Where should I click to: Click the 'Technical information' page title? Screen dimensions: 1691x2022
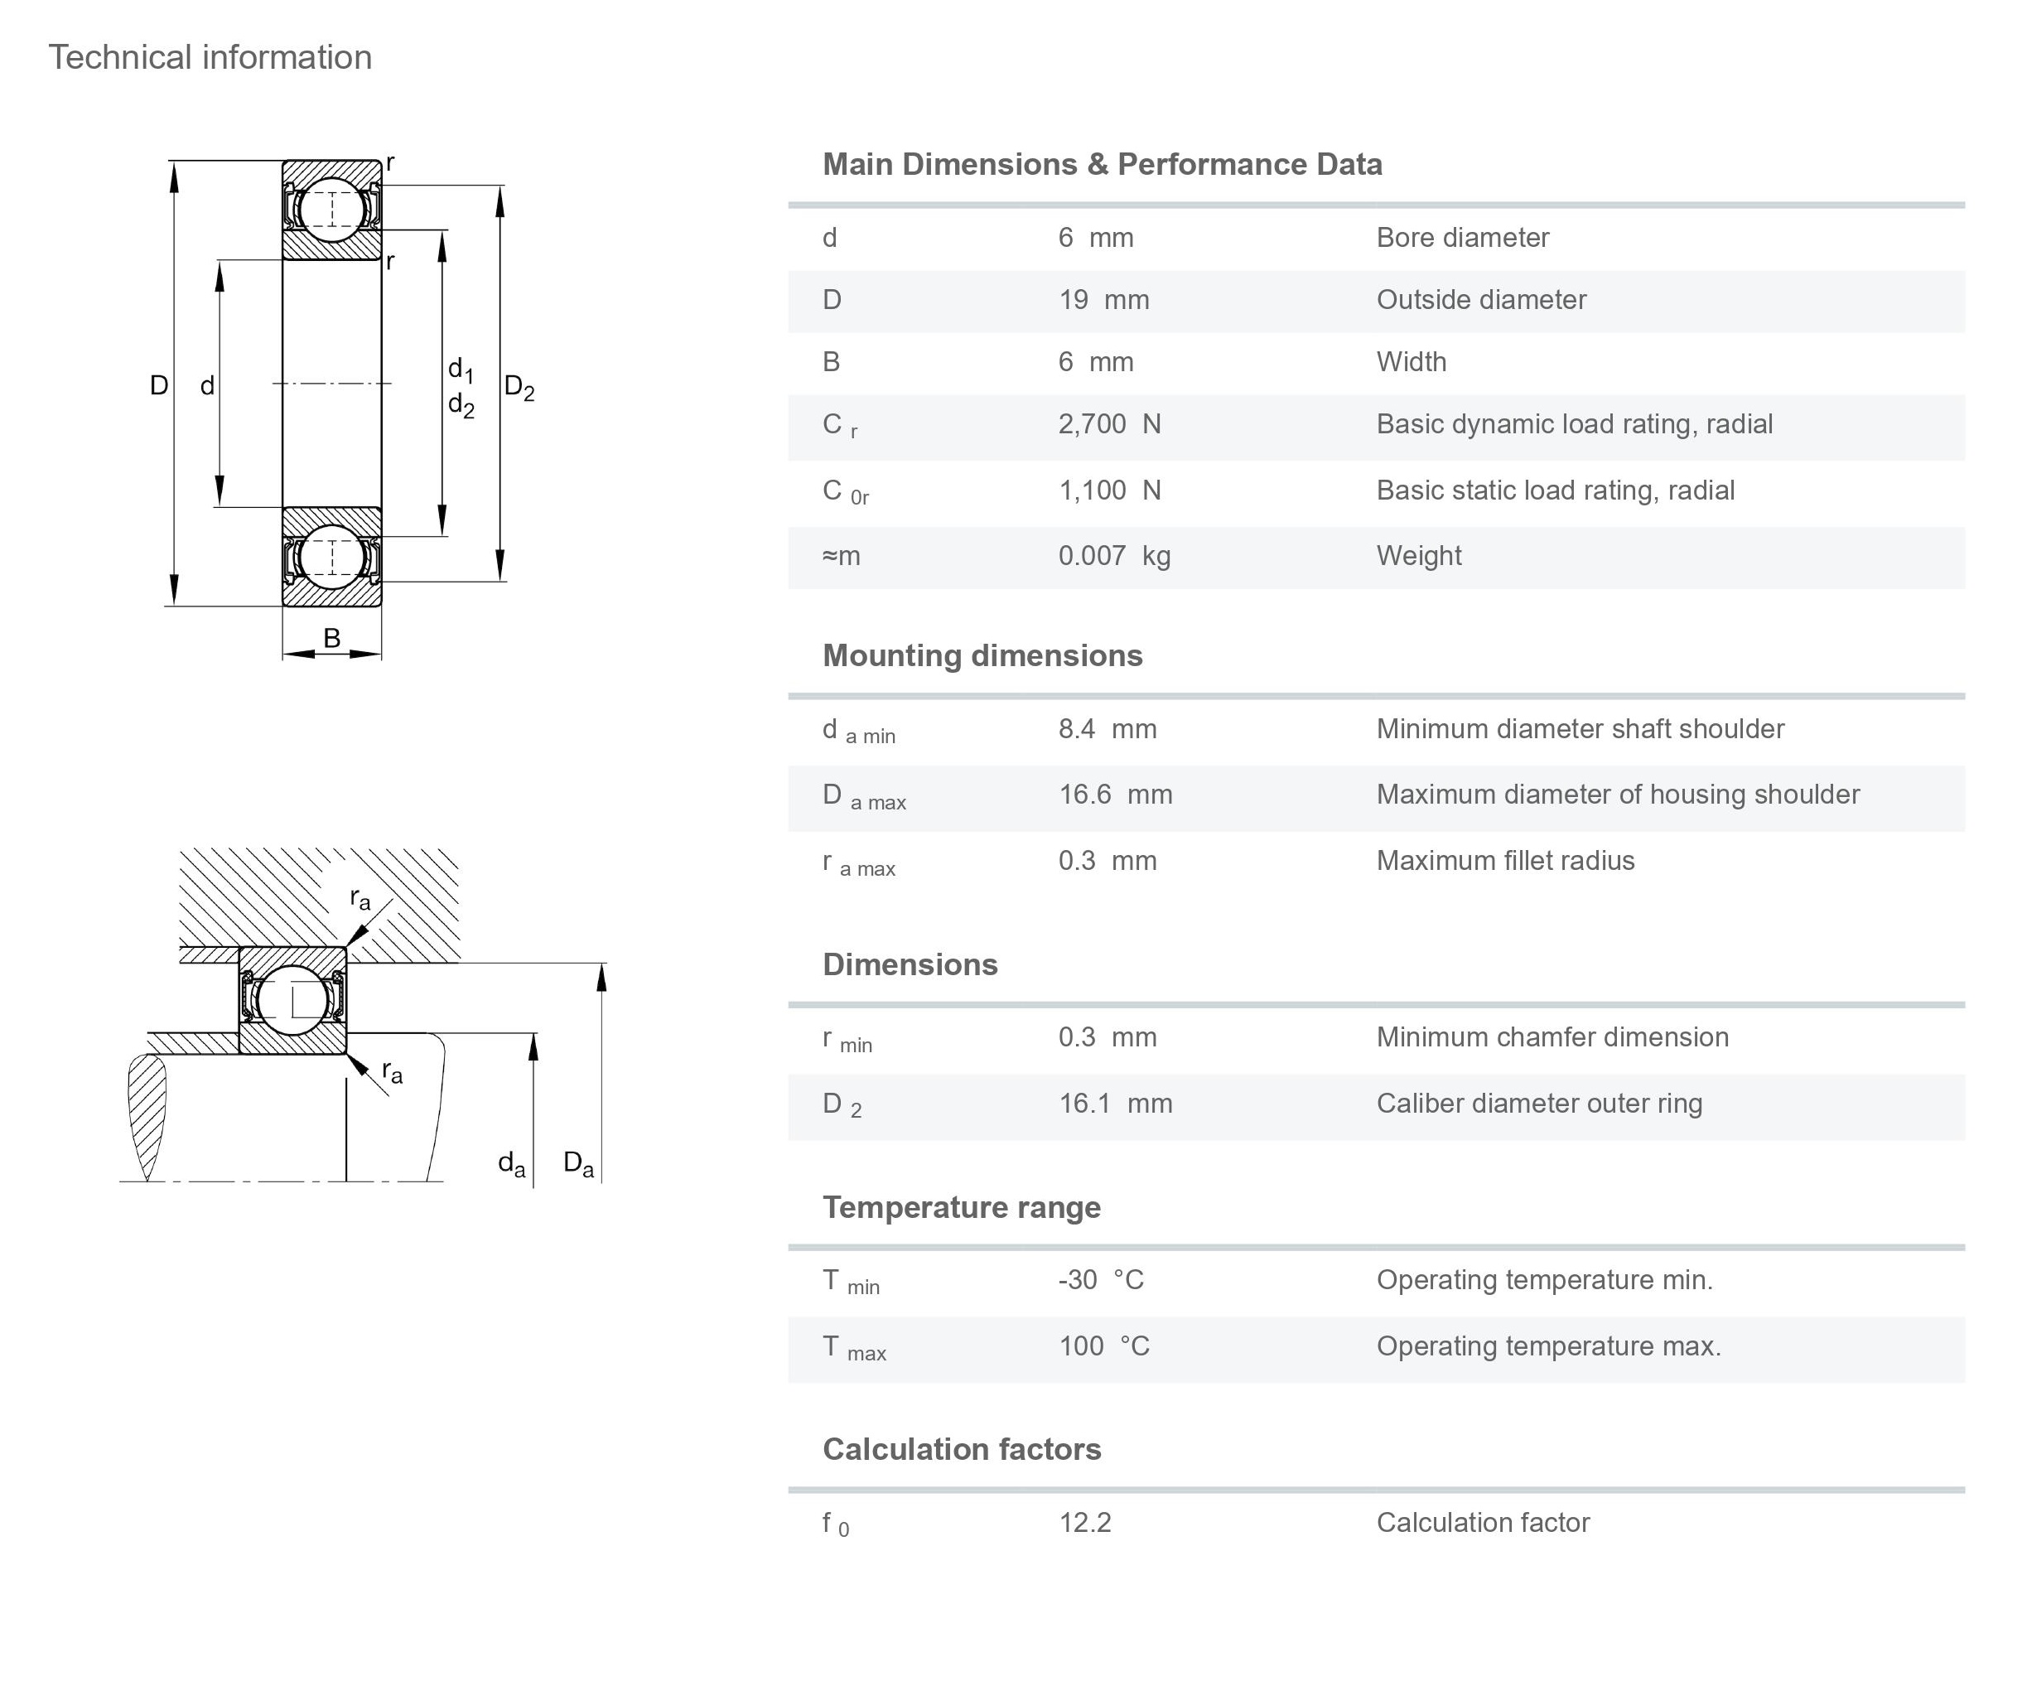pos(210,58)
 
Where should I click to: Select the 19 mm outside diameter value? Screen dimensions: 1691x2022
pos(1103,299)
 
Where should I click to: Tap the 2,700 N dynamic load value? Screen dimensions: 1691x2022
pos(1109,423)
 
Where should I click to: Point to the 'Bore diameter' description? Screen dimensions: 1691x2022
pos(1461,238)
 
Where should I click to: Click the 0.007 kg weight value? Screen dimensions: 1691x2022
pos(1114,556)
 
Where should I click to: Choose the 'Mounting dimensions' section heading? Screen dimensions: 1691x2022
pos(982,656)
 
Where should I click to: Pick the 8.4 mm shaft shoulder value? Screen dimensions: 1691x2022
pos(1108,729)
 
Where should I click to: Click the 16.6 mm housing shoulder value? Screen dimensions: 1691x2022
pos(1115,795)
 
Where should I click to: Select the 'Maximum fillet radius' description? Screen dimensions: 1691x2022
pos(1505,861)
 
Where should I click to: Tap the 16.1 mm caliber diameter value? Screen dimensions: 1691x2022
pos(1115,1104)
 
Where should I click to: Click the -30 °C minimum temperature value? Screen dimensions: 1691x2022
pos(1101,1280)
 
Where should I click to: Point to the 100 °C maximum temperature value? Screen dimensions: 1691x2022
pos(1103,1346)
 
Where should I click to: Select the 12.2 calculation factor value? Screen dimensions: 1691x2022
pos(1085,1523)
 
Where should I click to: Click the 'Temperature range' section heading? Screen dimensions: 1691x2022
pos(961,1208)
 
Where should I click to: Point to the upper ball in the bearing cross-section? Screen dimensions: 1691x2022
pos(331,209)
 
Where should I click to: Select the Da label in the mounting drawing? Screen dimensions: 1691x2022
pos(577,1163)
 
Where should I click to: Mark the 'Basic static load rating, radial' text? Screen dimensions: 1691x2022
pos(1555,490)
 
